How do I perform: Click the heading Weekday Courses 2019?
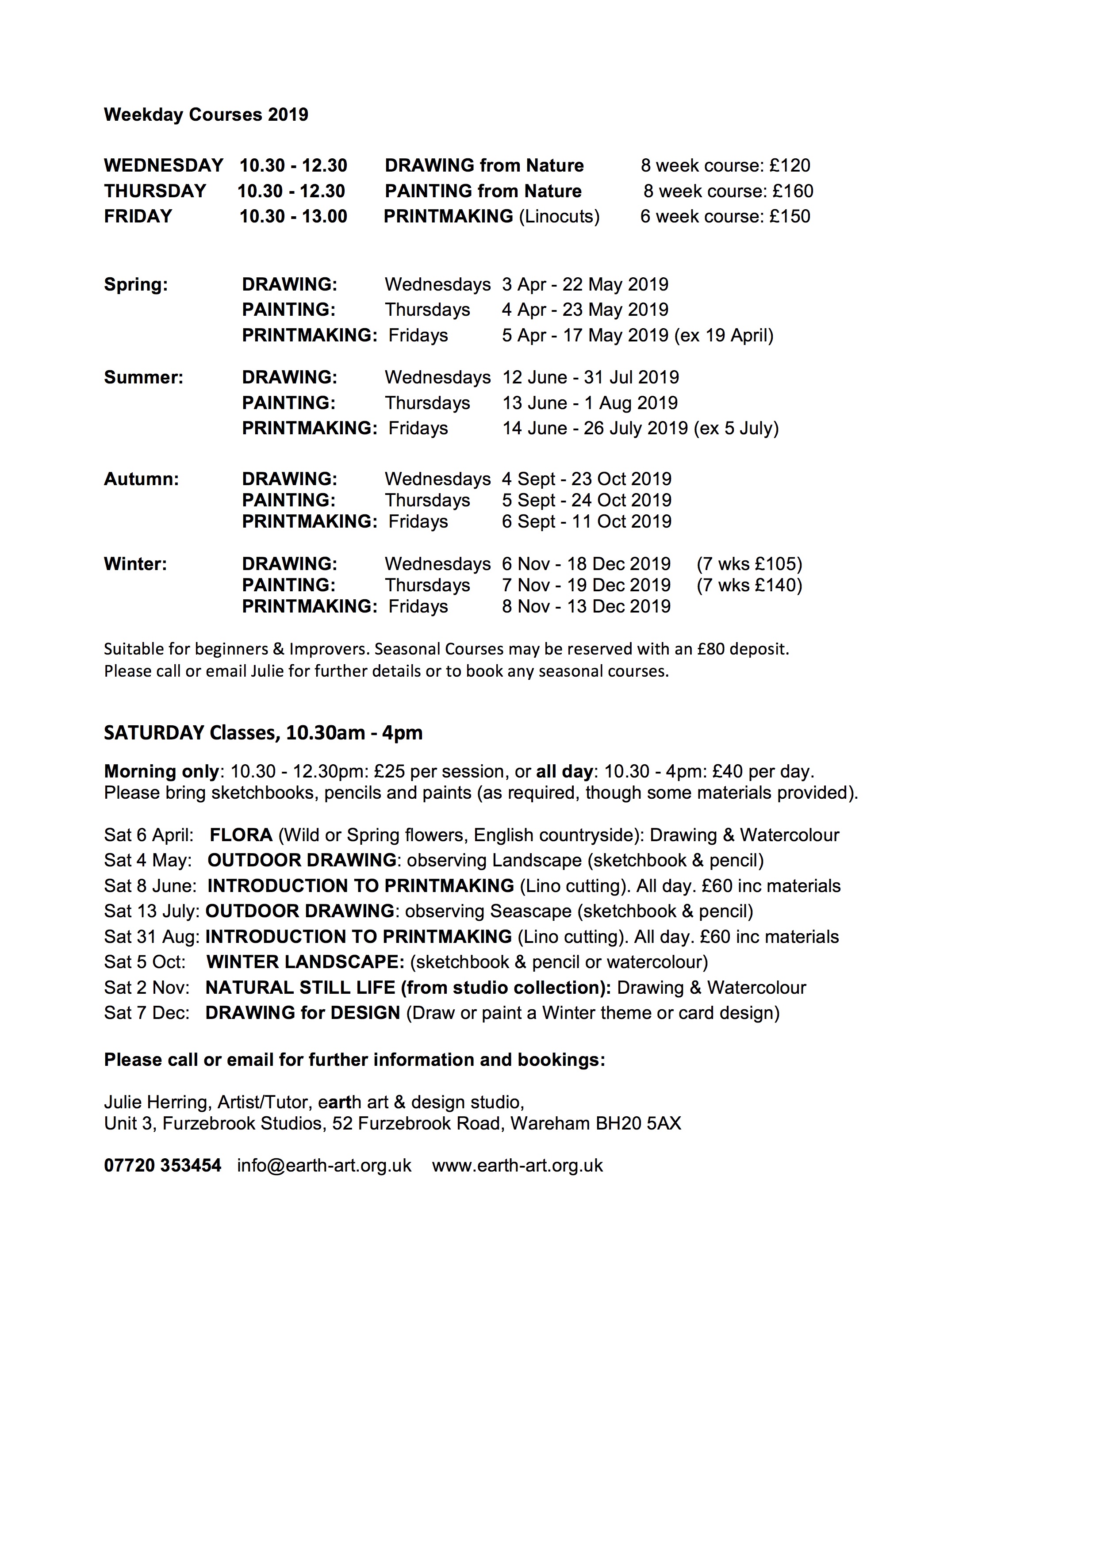(206, 115)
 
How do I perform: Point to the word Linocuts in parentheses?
(559, 216)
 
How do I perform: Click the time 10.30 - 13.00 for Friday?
(293, 216)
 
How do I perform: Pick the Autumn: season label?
(141, 479)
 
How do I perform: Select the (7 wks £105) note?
(749, 564)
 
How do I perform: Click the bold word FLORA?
(241, 835)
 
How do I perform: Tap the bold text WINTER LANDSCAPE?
(305, 962)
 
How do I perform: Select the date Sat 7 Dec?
(146, 1013)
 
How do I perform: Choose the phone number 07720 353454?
(163, 1165)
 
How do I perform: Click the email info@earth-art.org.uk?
(324, 1165)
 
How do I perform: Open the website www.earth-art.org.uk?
(518, 1165)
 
